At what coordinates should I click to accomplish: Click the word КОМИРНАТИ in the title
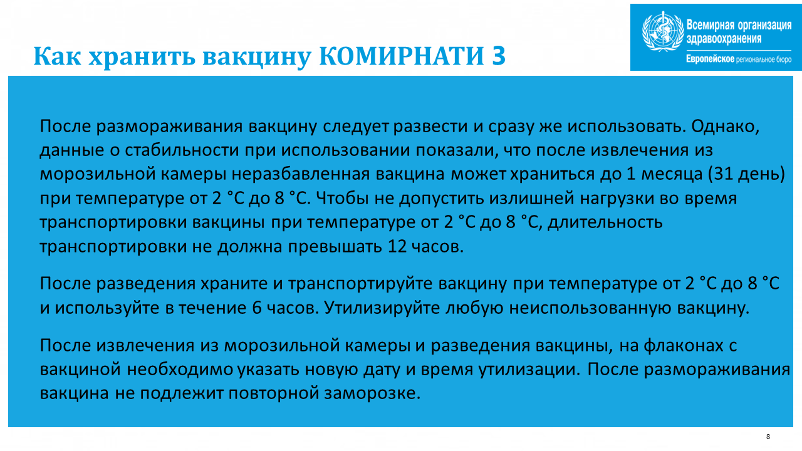point(402,56)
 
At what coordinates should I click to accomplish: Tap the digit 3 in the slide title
point(499,56)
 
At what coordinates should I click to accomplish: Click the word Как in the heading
point(57,56)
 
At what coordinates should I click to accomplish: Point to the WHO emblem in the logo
point(663,31)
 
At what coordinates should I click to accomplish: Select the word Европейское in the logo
point(710,59)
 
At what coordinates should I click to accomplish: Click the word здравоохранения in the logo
point(724,39)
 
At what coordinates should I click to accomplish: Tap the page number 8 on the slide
point(768,437)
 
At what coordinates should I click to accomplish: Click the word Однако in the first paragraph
point(725,127)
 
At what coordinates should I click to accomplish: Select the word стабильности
point(182,150)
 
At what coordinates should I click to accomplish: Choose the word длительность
point(605,222)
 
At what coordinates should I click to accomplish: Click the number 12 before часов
point(397,247)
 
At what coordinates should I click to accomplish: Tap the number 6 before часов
point(257,308)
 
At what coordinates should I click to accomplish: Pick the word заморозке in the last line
point(372,393)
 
